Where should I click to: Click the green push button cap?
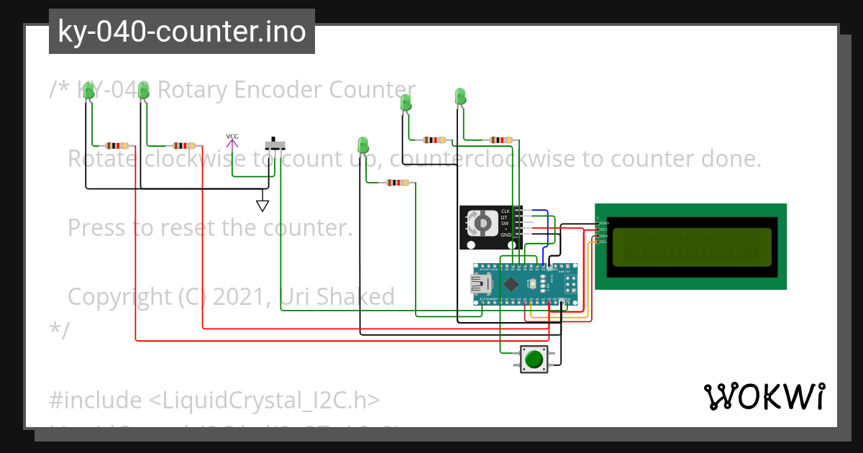(533, 358)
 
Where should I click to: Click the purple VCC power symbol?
(232, 142)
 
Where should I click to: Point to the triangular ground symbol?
(262, 206)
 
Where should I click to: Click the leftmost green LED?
(88, 91)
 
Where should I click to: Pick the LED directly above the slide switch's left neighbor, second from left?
(143, 91)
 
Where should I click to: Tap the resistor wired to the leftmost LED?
(116, 145)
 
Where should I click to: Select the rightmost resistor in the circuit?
(501, 139)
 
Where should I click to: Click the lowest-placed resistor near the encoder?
(396, 183)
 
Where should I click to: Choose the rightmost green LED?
(460, 96)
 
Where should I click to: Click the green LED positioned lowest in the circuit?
(363, 145)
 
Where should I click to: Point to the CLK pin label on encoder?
(506, 211)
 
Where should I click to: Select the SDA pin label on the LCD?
(603, 236)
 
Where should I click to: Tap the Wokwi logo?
(764, 396)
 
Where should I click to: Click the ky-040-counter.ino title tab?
(181, 32)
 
